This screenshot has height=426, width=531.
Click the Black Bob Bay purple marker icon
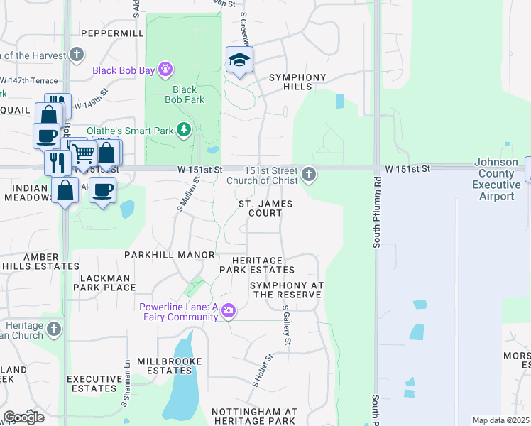[x=165, y=70]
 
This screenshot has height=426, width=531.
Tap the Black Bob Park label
[x=184, y=94]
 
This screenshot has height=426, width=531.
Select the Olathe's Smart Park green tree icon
[x=184, y=129]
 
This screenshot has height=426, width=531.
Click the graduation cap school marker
[x=239, y=60]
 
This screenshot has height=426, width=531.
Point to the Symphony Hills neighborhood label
[x=297, y=82]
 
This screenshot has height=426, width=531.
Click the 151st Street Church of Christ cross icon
[x=308, y=173]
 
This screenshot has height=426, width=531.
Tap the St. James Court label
[x=265, y=208]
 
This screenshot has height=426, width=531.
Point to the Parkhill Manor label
[x=169, y=254]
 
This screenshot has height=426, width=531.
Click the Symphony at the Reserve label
[x=286, y=289]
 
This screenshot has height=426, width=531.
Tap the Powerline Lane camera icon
[x=228, y=310]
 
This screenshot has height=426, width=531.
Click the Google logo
[x=23, y=417]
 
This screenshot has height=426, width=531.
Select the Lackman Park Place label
[x=98, y=283]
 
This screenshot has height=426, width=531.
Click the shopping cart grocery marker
[x=84, y=152]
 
